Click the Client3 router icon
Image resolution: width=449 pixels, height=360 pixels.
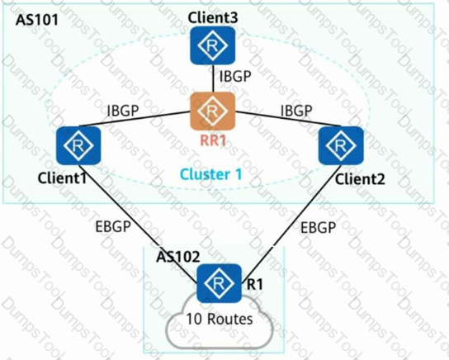coord(213,45)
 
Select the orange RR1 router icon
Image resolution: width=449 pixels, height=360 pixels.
coord(213,111)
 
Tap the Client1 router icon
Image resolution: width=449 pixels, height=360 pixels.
coord(78,145)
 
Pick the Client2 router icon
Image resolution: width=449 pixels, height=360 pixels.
coord(341,145)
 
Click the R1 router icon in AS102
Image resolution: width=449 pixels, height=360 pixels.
coord(219,283)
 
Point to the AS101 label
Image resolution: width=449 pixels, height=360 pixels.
coord(36,20)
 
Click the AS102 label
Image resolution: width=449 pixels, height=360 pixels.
coord(177,256)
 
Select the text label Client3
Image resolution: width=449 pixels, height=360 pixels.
coord(213,18)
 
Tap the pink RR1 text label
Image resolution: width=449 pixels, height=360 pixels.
coord(213,140)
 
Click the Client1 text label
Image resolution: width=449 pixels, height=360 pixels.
coord(62,178)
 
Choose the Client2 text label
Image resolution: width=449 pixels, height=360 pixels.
coord(360,179)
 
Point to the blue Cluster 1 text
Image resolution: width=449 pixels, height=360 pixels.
coord(211,174)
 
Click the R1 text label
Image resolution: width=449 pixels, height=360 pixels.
coord(254,284)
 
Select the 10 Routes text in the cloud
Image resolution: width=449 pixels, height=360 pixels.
coord(220,319)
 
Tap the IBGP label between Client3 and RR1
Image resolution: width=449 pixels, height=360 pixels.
coord(235,76)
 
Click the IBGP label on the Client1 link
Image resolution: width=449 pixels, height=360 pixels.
coord(122,111)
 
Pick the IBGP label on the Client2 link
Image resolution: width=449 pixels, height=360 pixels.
coord(296,111)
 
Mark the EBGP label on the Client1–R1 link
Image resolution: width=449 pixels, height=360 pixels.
coord(113,226)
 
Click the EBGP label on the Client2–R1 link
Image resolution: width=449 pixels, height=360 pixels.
coord(318,228)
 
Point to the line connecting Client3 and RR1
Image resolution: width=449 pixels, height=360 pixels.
coord(213,78)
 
